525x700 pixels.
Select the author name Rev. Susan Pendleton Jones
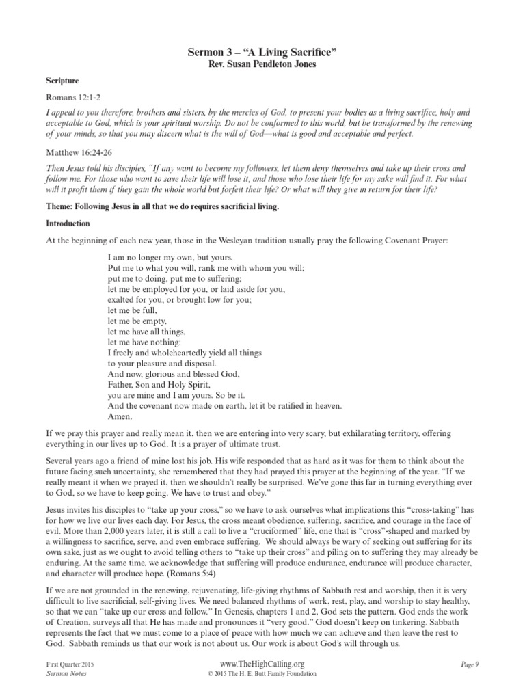[262, 64]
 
